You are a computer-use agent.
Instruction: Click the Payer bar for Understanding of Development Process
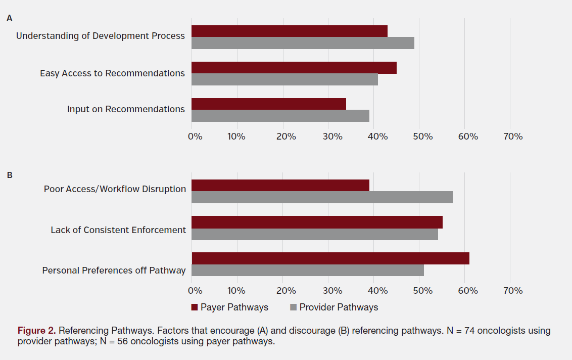click(x=290, y=31)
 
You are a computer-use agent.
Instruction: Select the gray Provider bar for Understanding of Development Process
click(x=303, y=43)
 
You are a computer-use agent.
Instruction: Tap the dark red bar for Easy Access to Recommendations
click(x=294, y=68)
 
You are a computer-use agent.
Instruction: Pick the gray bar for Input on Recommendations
click(x=280, y=116)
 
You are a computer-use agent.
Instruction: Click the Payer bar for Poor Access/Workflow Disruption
click(x=280, y=185)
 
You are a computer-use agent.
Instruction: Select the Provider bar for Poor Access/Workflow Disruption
click(x=322, y=197)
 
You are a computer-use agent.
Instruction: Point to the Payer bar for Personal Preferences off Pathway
click(x=330, y=258)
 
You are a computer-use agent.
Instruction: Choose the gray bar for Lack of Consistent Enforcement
click(x=315, y=235)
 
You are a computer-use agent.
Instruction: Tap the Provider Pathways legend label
click(x=339, y=307)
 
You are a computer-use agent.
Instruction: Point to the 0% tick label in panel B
click(x=195, y=291)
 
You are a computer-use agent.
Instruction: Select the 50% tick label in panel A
click(x=422, y=137)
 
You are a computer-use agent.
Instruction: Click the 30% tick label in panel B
click(x=331, y=291)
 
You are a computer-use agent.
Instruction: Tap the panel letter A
click(x=9, y=18)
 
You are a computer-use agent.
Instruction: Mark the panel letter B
click(x=9, y=175)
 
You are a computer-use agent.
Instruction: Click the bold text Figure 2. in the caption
click(x=36, y=331)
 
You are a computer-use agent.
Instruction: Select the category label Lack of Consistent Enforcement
click(x=118, y=230)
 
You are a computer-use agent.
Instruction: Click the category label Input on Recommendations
click(x=126, y=109)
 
